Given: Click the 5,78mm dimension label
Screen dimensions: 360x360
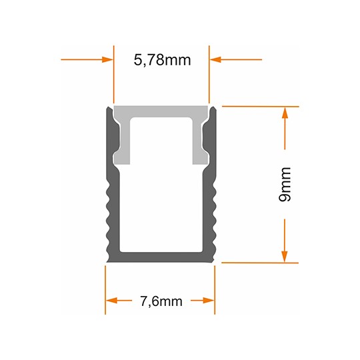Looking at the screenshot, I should point(162,60).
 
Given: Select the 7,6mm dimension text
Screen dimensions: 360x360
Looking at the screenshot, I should point(161,301).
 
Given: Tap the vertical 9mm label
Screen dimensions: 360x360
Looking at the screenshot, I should point(285,185).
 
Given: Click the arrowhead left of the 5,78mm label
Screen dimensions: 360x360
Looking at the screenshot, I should point(107,59).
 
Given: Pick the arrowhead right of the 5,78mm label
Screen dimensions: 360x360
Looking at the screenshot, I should point(215,59).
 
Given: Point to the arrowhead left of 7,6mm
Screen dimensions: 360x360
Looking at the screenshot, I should point(111,300).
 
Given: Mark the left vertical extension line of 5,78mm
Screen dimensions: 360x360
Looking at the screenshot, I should point(112,73).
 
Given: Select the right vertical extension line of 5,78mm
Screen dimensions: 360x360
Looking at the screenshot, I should point(209,73).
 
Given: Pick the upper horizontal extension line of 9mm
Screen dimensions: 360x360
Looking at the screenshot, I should point(260,105).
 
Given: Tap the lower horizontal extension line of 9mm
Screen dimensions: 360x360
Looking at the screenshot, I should point(260,263).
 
